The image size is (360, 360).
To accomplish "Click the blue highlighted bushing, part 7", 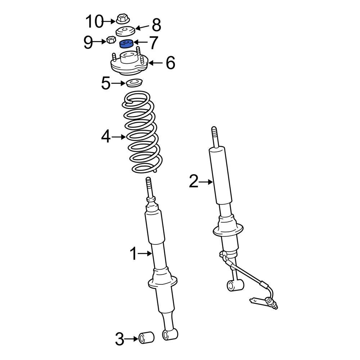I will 126,44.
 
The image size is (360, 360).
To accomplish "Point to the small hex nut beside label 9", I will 111,40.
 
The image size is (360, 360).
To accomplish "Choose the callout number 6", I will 170,63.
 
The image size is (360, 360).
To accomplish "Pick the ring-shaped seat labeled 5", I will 134,84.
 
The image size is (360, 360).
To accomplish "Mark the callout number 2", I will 194,182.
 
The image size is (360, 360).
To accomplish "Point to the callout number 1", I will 133,254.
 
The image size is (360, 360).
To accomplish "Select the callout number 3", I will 120,338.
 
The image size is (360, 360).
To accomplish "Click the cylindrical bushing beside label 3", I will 147,338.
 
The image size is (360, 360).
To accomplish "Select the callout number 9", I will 88,42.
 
